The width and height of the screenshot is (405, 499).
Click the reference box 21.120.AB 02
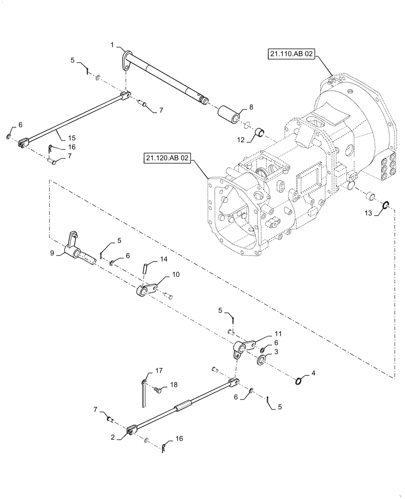[167, 158]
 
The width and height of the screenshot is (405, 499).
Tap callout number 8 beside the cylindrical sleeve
[251, 107]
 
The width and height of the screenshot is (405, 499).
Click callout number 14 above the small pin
[164, 259]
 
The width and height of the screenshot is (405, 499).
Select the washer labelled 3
[262, 360]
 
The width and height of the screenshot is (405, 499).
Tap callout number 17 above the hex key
[159, 371]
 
